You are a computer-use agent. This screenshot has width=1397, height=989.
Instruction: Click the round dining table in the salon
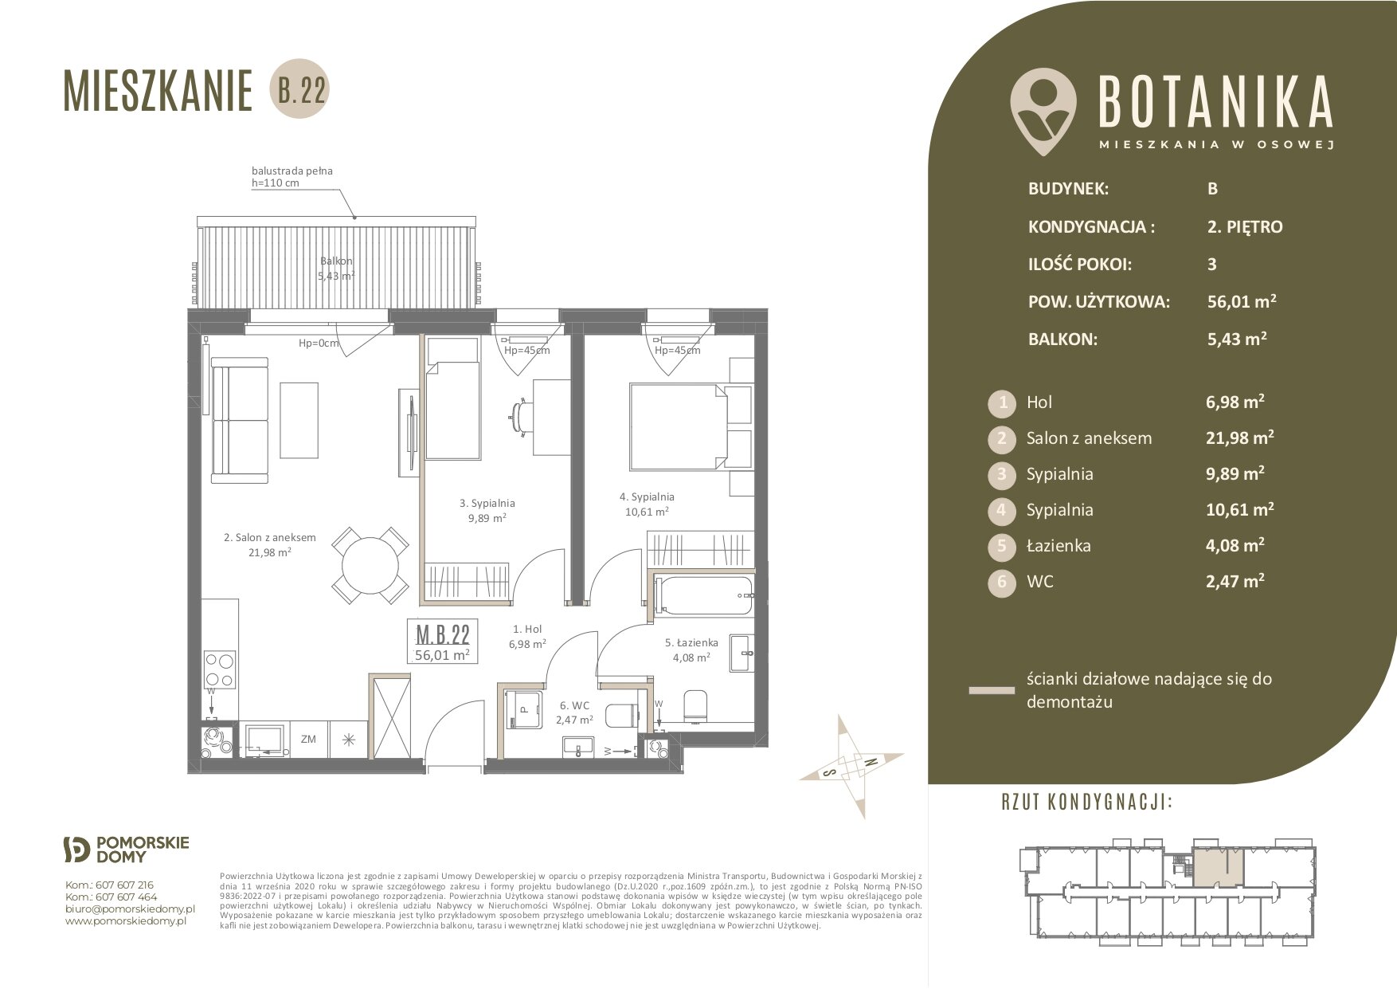coord(370,566)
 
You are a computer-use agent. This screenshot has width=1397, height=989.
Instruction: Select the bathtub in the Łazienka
coord(702,596)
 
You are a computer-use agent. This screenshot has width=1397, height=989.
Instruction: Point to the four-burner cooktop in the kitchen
coord(219,670)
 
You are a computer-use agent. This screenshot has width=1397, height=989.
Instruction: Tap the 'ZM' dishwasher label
coord(308,739)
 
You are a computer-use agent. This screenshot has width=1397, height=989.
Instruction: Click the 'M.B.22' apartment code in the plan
coord(443,634)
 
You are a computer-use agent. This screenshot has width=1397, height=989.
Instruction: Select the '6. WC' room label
coord(574,705)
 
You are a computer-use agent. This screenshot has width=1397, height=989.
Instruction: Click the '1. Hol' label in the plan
coord(526,630)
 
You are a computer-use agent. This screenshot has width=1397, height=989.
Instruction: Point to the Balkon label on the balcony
coord(336,261)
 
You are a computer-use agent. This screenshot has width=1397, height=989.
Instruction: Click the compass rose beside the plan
coord(851,766)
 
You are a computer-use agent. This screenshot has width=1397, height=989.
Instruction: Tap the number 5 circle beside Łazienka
coord(1002,546)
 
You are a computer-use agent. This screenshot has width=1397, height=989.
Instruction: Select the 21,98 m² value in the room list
coord(1239,437)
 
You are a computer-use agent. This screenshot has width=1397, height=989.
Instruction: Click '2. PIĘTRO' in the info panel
coord(1245,227)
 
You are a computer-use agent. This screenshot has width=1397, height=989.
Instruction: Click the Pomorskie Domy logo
coord(126,850)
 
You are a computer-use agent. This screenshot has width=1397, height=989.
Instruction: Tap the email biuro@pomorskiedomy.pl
coord(130,909)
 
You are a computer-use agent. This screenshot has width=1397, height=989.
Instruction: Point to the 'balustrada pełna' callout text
coord(292,171)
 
